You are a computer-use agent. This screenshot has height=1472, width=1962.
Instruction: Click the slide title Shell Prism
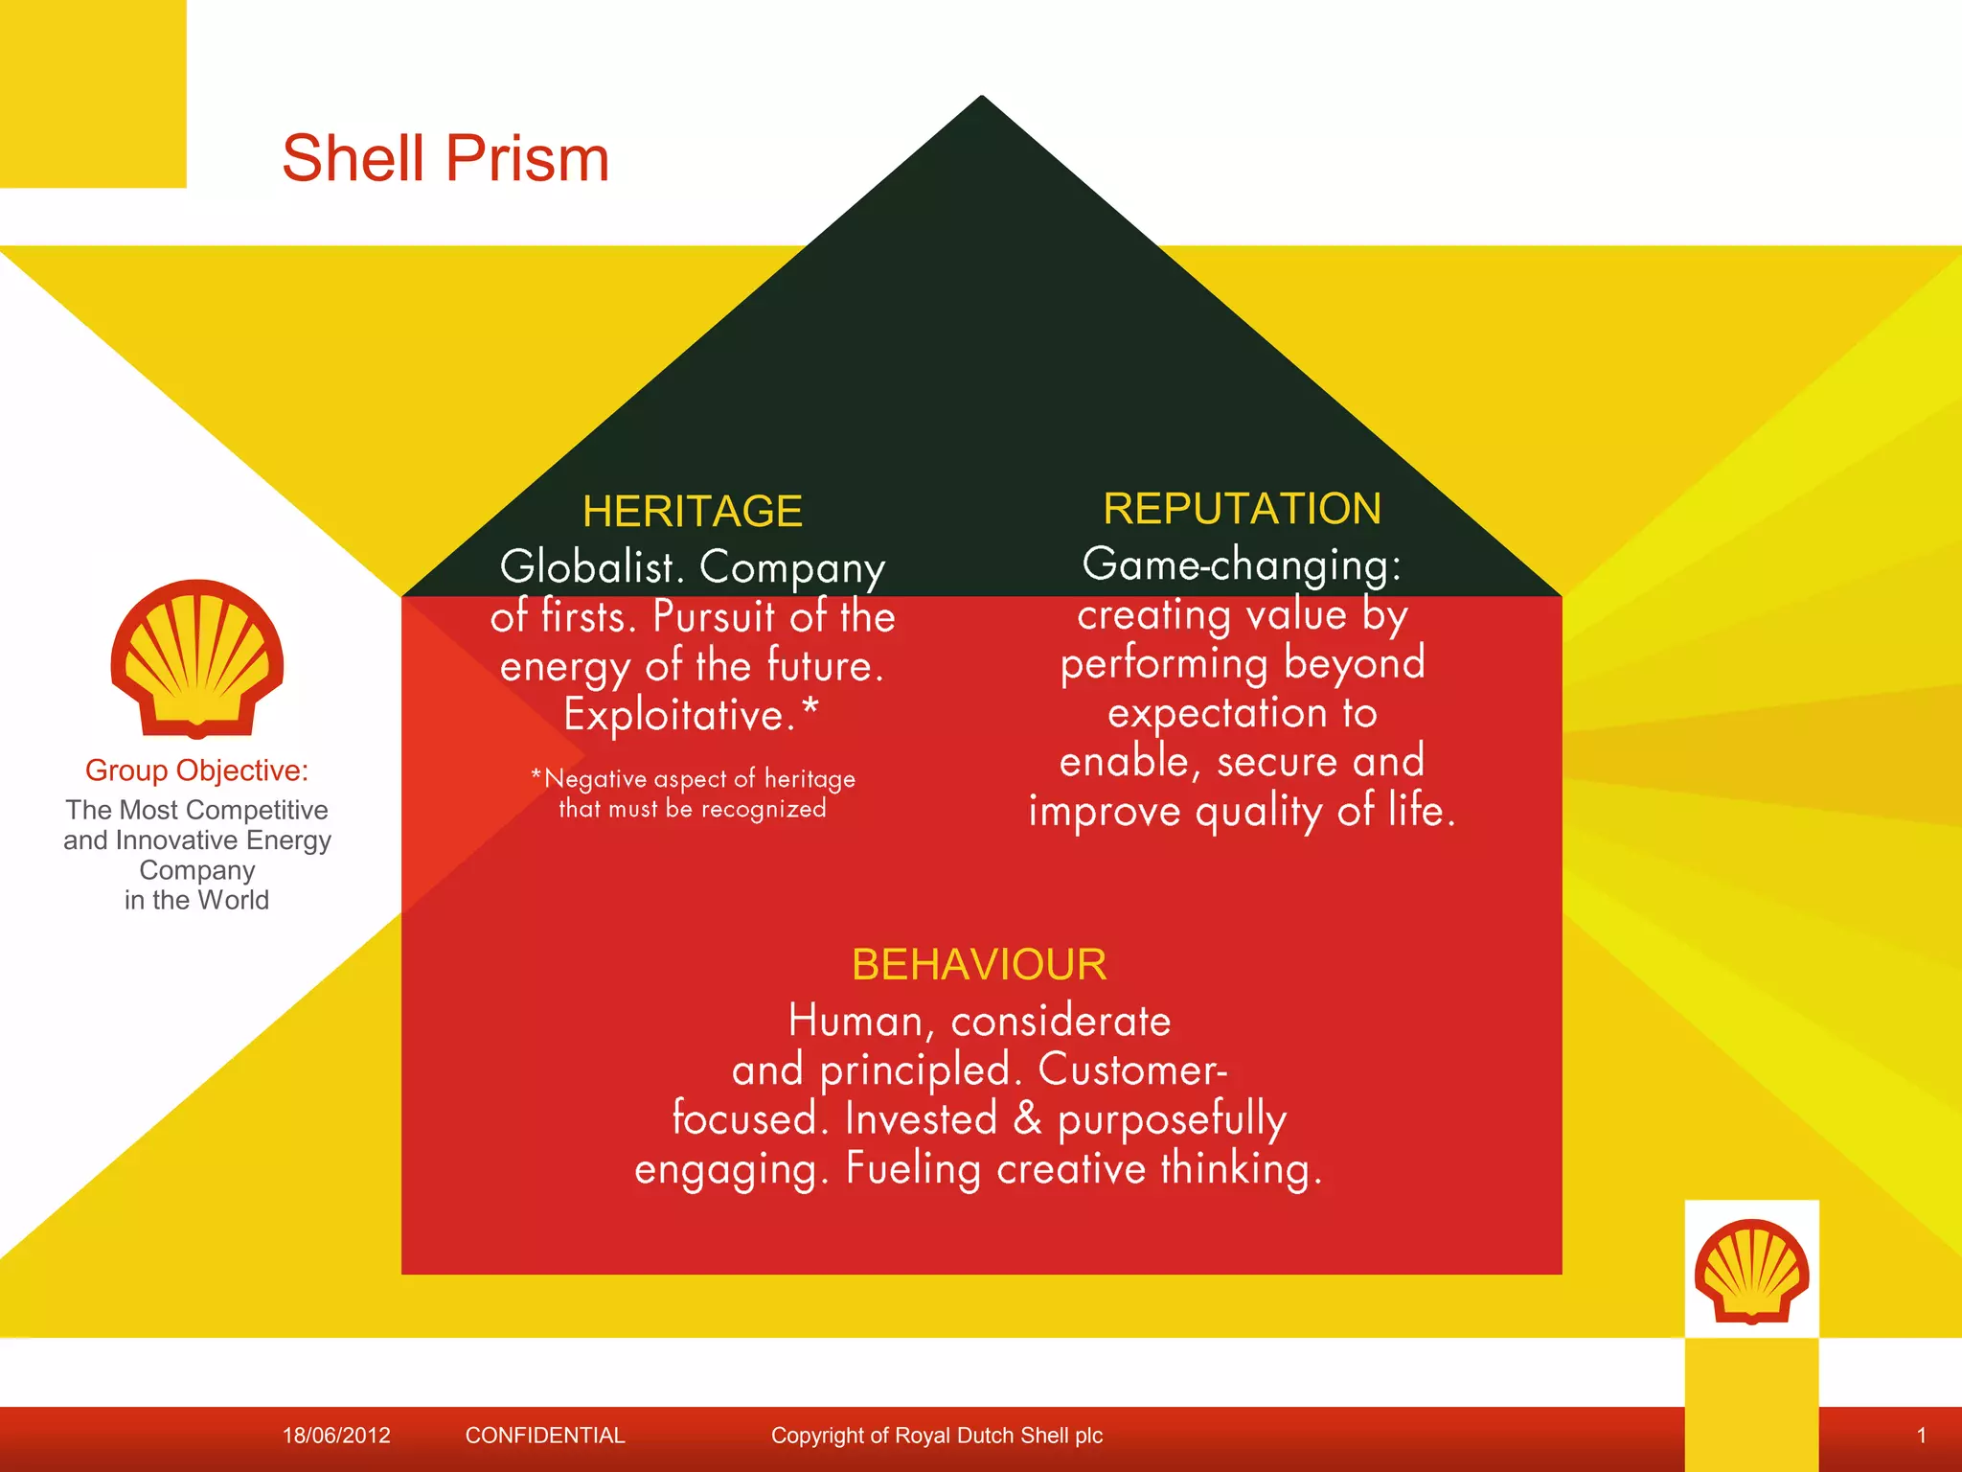click(445, 158)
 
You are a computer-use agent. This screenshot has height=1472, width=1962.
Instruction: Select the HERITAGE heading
click(692, 511)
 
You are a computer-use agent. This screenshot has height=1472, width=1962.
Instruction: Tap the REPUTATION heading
click(1242, 508)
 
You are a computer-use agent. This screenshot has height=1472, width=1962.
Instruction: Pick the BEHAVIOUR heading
click(979, 964)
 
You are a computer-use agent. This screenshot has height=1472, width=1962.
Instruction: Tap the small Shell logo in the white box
click(1751, 1270)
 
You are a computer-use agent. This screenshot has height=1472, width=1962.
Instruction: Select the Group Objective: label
click(196, 770)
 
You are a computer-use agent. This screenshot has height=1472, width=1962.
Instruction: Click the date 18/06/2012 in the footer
click(336, 1436)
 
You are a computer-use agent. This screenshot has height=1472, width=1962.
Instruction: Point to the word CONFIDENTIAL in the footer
click(545, 1436)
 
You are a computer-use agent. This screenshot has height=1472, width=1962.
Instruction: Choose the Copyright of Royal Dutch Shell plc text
click(937, 1436)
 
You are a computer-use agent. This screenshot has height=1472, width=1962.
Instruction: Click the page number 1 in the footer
click(1921, 1436)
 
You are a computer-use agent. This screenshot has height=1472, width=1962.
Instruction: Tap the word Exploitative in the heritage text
click(678, 715)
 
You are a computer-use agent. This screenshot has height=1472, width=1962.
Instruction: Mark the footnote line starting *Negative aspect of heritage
click(693, 779)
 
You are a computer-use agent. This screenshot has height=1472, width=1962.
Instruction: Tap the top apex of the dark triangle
click(982, 99)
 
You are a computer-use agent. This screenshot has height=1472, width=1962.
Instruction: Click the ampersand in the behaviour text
click(1027, 1118)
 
